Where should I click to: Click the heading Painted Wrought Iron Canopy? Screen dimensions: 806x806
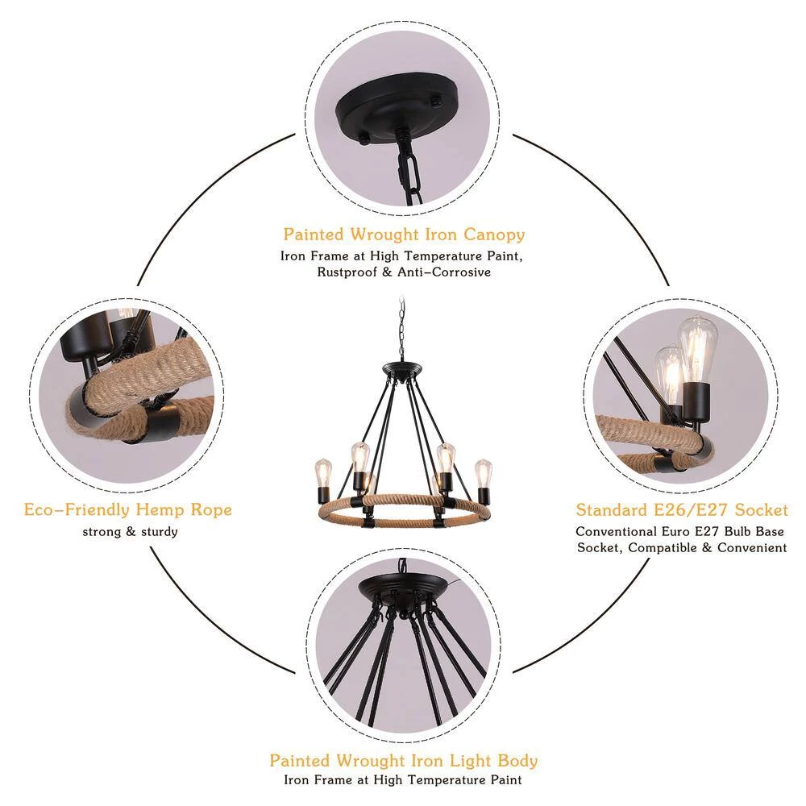[x=404, y=235]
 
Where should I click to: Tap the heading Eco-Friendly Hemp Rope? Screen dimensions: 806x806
[x=128, y=510]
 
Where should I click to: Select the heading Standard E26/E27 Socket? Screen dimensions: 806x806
[x=682, y=510]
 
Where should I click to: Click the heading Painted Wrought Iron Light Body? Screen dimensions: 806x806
[x=404, y=761]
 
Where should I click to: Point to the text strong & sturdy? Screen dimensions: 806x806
[x=130, y=531]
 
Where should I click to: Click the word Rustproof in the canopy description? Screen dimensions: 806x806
[x=347, y=272]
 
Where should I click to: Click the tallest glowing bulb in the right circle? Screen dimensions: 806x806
[x=697, y=350]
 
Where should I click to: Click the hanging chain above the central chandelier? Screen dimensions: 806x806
[x=401, y=330]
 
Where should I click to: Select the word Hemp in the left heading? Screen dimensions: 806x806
[x=161, y=510]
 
